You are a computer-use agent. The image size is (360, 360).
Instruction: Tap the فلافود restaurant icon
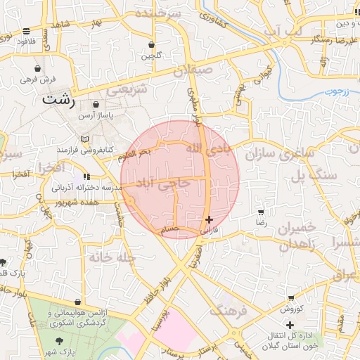pos(27,31)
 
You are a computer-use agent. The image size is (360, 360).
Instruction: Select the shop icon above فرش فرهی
pos(37,69)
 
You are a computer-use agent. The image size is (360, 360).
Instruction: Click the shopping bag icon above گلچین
pos(150,44)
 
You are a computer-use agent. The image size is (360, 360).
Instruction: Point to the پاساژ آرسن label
pos(96,114)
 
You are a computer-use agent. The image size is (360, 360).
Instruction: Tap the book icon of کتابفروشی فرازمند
pos(86,139)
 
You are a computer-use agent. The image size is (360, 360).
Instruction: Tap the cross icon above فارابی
pos(209,219)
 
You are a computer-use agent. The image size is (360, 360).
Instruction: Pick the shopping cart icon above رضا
pos(261,212)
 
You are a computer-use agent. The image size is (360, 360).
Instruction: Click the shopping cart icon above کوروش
pos(291,299)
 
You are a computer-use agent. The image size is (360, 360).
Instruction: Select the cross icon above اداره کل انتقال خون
pos(290,324)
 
